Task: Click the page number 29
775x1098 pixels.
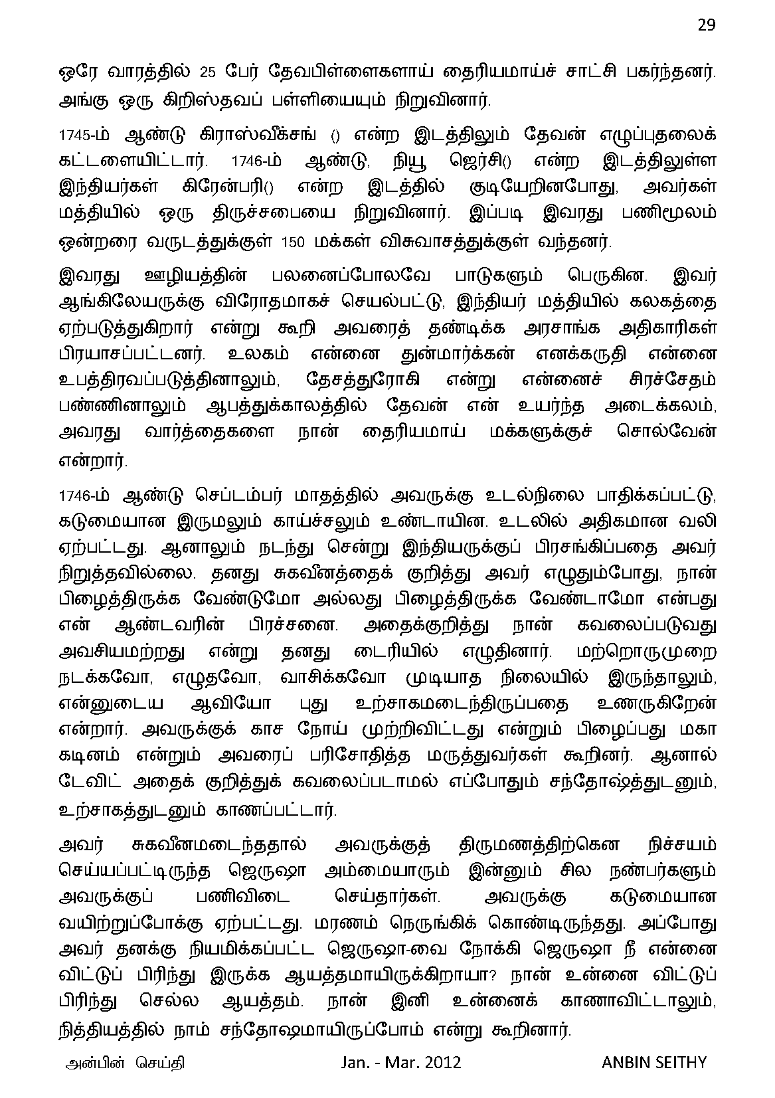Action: click(706, 25)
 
